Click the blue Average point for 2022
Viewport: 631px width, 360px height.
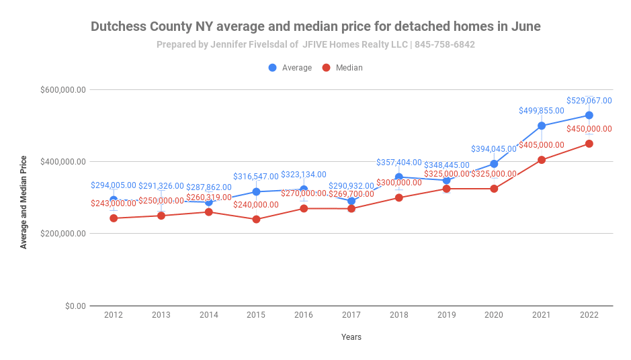click(x=589, y=116)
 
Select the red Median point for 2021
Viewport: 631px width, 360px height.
click(x=541, y=160)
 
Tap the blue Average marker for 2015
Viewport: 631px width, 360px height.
click(x=256, y=192)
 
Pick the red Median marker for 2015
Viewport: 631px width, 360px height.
click(x=256, y=220)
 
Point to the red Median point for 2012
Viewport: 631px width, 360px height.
click(x=114, y=218)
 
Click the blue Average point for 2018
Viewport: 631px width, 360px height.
click(x=398, y=177)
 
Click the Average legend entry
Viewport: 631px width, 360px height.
click(x=290, y=68)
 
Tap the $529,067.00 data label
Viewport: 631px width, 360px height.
click(x=589, y=101)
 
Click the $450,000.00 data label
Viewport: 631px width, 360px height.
click(x=589, y=129)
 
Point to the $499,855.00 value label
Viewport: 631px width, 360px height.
click(x=541, y=111)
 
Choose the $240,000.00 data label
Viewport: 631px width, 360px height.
click(x=256, y=205)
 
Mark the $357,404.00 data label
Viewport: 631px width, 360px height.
click(x=398, y=163)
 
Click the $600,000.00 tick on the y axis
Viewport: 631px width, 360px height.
click(x=63, y=90)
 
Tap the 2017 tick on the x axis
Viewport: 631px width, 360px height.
click(x=351, y=315)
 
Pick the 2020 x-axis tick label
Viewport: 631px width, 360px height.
click(x=493, y=315)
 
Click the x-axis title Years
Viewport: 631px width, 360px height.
click(x=351, y=337)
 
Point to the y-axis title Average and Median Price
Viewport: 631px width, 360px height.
click(x=24, y=202)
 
